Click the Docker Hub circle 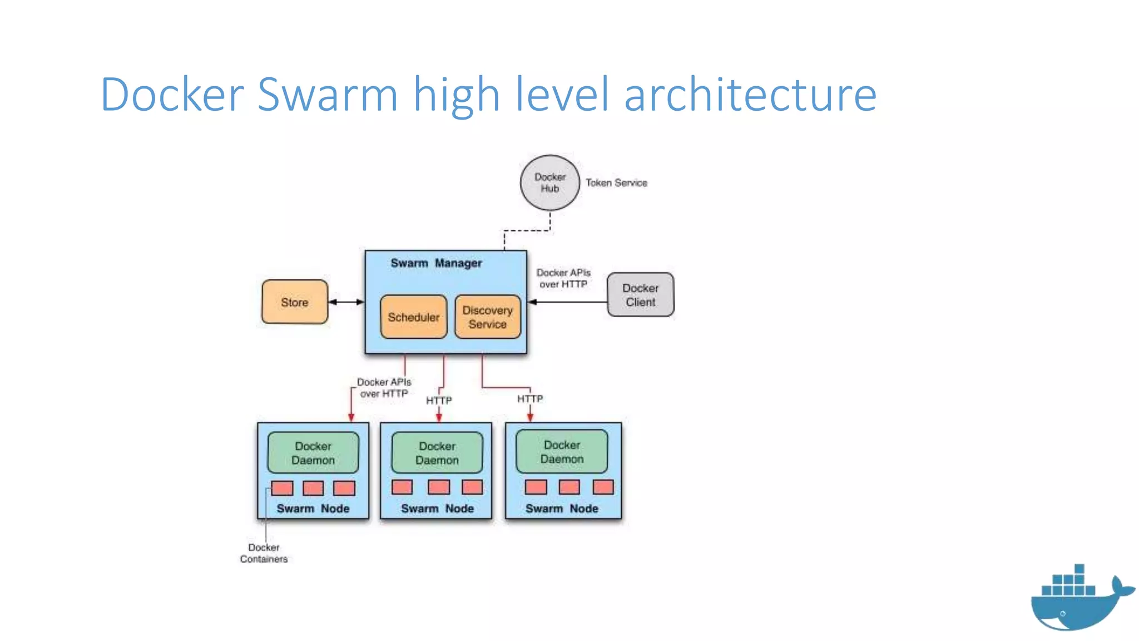tap(549, 183)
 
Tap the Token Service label tap(616, 183)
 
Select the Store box tap(295, 302)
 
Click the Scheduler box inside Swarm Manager tap(413, 317)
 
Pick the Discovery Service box tap(488, 317)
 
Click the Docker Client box tap(640, 295)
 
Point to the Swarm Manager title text tap(436, 263)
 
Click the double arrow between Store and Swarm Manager tap(346, 302)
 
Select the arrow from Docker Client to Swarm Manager tap(567, 302)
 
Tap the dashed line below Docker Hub tap(527, 230)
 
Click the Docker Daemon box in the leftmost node tap(313, 453)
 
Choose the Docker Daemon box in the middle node tap(437, 453)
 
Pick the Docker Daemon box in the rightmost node tap(562, 452)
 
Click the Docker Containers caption tap(264, 553)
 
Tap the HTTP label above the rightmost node tap(529, 399)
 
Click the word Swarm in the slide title tap(328, 95)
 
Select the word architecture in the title tap(750, 95)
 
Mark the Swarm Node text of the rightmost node tap(562, 509)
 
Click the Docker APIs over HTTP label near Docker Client tap(563, 278)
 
